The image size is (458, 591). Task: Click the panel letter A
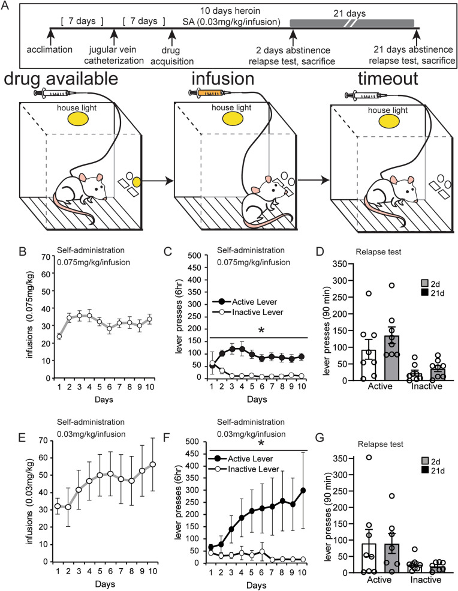pyautogui.click(x=8, y=8)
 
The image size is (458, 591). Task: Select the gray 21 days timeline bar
pyautogui.click(x=351, y=23)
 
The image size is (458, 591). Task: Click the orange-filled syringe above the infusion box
pyautogui.click(x=207, y=93)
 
